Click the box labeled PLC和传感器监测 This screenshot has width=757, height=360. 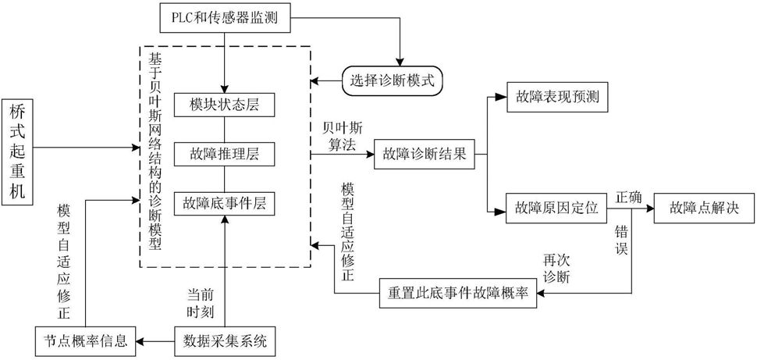(x=225, y=15)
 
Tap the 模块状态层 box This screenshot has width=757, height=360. (x=225, y=105)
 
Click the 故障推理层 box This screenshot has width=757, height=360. (x=225, y=154)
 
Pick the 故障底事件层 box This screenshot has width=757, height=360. (x=225, y=203)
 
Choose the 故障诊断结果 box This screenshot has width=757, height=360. (x=425, y=155)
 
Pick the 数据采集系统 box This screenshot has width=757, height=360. (x=225, y=340)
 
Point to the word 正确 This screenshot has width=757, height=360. (x=629, y=196)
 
